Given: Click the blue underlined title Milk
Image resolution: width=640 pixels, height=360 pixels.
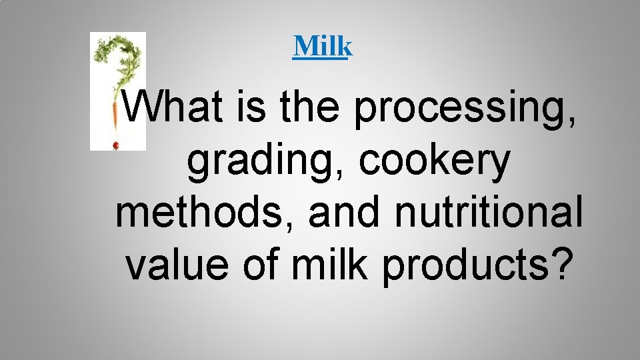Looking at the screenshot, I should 322,46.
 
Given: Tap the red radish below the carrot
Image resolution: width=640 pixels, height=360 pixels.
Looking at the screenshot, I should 115,145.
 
